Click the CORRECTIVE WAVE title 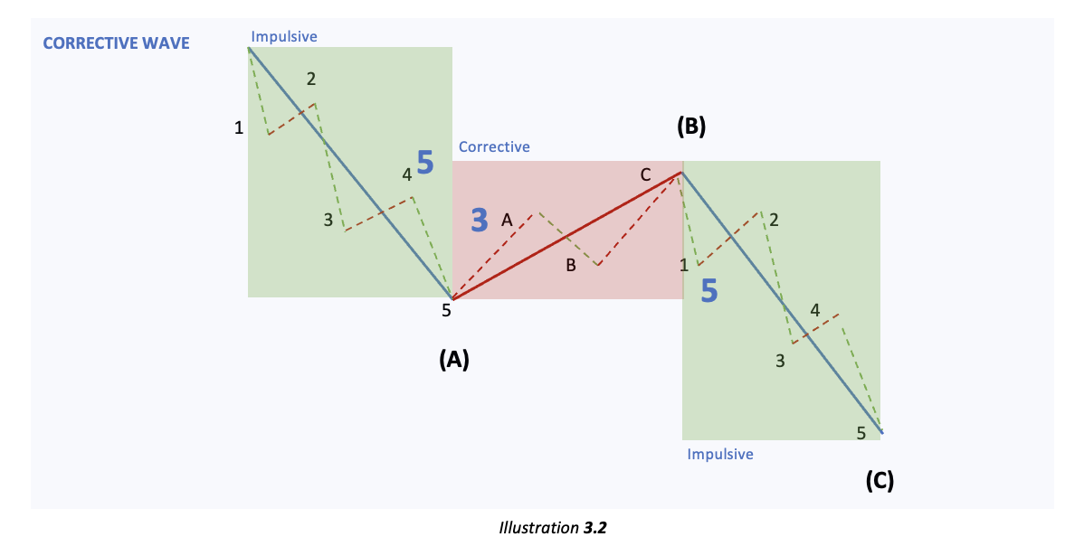tap(117, 42)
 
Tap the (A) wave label tap(453, 360)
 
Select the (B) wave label tap(690, 127)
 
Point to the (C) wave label tap(879, 481)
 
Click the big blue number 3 tap(480, 219)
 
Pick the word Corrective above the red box tap(494, 146)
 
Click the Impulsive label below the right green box tap(719, 454)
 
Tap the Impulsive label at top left tap(284, 36)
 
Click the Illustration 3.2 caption tap(552, 527)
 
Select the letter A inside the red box tap(507, 219)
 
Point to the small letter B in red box tap(571, 265)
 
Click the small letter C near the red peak tap(645, 175)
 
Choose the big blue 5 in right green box tap(709, 291)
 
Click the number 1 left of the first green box tap(239, 128)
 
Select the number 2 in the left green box tap(311, 80)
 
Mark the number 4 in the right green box tap(815, 311)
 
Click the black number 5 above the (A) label tap(446, 311)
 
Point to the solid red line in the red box tap(566, 236)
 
